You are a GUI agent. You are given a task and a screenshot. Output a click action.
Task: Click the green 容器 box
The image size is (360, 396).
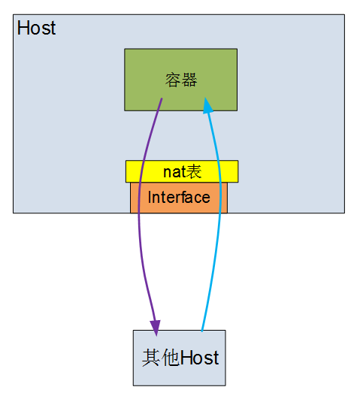[181, 80]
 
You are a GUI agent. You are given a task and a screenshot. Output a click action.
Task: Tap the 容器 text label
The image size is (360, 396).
[181, 80]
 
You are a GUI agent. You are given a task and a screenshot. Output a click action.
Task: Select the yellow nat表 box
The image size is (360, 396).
[182, 171]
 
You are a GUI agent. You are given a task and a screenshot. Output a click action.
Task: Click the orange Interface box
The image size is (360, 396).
[179, 198]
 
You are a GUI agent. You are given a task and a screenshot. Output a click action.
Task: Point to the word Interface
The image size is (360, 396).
[179, 197]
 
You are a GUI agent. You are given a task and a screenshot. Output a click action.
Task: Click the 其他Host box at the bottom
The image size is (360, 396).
[180, 358]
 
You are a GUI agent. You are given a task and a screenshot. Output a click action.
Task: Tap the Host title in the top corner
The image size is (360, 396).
[36, 28]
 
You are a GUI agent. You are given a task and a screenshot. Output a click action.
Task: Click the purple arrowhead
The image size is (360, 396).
[156, 328]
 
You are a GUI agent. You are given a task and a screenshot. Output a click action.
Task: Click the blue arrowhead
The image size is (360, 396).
[207, 105]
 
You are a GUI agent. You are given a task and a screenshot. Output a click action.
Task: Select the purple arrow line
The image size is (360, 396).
[139, 215]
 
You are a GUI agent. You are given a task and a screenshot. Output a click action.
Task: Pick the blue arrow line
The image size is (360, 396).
[220, 215]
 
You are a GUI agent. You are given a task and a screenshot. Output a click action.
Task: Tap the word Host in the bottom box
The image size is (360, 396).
[200, 358]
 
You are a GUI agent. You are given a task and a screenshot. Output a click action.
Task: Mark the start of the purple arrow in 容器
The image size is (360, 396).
[162, 98]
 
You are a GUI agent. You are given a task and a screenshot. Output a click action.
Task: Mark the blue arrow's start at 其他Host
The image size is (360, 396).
[202, 331]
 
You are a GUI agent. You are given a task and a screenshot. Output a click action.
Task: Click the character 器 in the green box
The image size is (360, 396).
[189, 80]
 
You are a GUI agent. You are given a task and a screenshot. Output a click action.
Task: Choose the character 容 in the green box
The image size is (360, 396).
[174, 80]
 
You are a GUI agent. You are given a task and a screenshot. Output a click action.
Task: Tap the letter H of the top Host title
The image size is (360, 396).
[23, 28]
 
